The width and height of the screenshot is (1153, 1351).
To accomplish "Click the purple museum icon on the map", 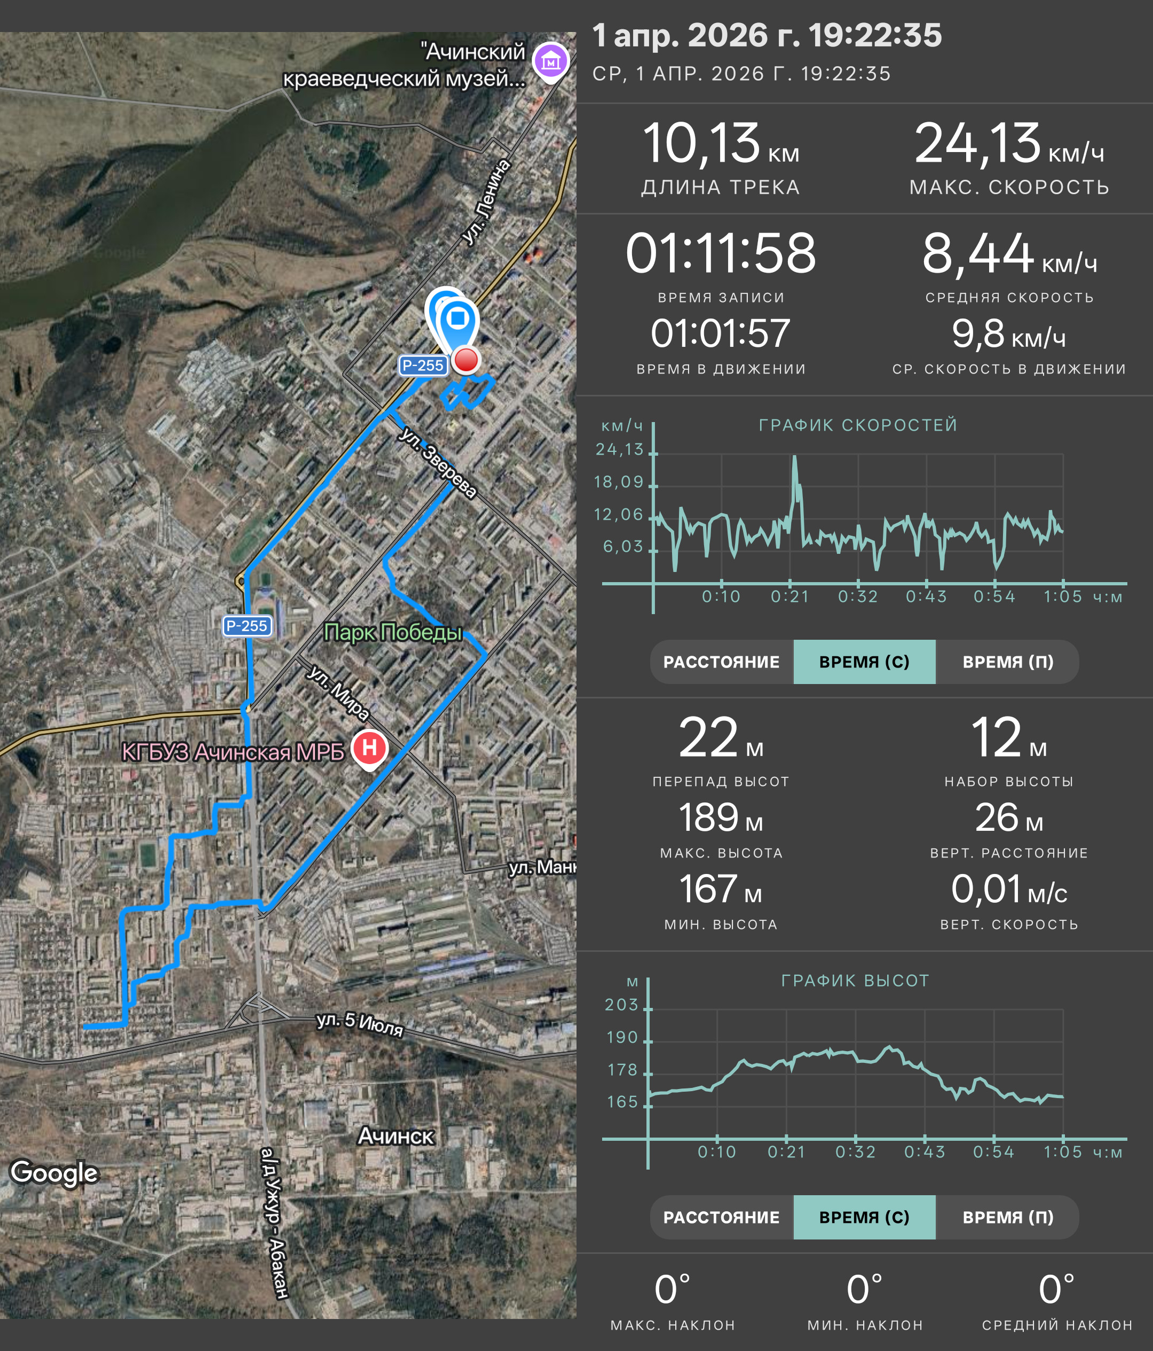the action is click(x=551, y=61).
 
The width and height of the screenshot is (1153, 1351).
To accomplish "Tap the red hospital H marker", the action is click(x=369, y=748).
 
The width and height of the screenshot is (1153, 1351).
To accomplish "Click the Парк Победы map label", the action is click(x=392, y=632).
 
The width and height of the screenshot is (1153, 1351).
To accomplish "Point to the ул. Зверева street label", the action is click(x=438, y=463).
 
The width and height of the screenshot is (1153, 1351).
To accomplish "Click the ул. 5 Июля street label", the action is click(x=360, y=1024).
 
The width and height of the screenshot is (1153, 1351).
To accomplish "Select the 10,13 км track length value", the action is click(x=721, y=144).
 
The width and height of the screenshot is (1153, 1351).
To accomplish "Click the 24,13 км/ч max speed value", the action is click(x=1009, y=144).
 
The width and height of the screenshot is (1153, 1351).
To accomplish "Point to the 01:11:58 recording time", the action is click(x=721, y=253).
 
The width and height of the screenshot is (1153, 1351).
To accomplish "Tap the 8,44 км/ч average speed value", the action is click(x=1009, y=253).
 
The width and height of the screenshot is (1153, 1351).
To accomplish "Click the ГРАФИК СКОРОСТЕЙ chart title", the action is click(x=858, y=425).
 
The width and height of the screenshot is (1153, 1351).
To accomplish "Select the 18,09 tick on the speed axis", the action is click(x=618, y=482).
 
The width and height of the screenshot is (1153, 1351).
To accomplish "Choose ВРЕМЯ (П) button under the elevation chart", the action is click(x=1008, y=1217).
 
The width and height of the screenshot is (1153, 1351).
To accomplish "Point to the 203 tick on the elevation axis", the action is click(x=621, y=1005).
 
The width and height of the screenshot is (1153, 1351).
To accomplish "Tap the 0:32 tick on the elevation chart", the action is click(x=856, y=1152).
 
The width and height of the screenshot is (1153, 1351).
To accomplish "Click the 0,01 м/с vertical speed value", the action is click(x=1009, y=889).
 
